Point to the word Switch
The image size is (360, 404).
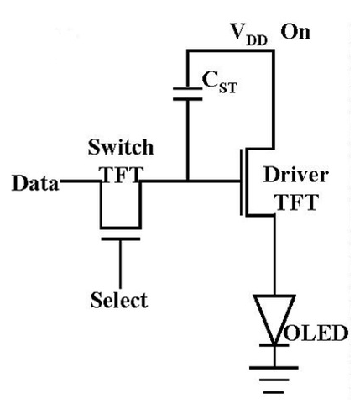pyautogui.click(x=119, y=149)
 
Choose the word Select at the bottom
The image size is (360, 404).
pyautogui.click(x=119, y=298)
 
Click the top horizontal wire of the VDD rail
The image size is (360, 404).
pyautogui.click(x=231, y=50)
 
